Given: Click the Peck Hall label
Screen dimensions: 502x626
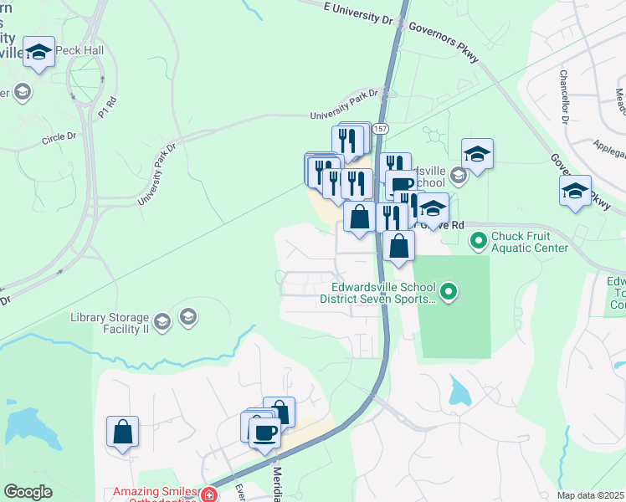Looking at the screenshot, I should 82,51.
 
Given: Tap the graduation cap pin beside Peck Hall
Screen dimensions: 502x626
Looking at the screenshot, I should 38,52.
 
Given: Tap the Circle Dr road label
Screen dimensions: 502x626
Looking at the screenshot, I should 59,136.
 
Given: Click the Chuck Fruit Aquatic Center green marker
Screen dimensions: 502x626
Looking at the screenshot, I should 479,242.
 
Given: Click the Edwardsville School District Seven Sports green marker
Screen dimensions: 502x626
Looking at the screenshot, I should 449,292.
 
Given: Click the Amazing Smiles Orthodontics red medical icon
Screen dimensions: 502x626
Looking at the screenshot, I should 208,495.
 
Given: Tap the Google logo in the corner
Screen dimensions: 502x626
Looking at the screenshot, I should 28,492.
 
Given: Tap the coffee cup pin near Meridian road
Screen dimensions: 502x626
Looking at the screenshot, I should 264,433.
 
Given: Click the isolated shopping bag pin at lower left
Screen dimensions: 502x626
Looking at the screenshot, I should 123,432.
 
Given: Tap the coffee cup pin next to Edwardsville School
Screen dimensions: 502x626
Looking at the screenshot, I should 402,185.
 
